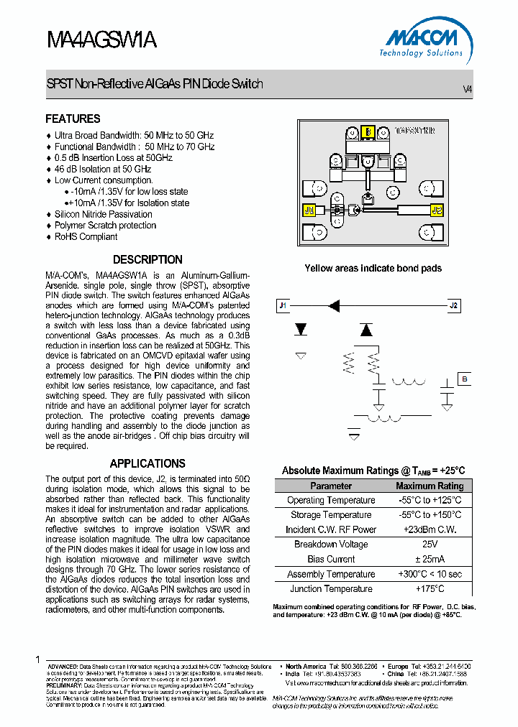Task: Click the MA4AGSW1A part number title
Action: click(x=101, y=40)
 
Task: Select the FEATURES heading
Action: click(x=73, y=119)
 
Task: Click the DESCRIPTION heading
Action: click(x=147, y=259)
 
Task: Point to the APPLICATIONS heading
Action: click(x=147, y=463)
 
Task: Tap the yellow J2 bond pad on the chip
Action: click(x=436, y=210)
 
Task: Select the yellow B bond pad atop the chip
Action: click(x=367, y=131)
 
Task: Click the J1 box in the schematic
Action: click(x=283, y=305)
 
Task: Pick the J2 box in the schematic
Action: click(x=453, y=305)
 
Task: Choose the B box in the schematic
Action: click(x=464, y=379)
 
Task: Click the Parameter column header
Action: click(x=331, y=486)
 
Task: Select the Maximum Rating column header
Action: click(x=430, y=486)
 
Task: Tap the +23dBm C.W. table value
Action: click(x=430, y=529)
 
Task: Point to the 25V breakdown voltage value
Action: click(x=430, y=544)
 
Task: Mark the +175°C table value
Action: click(x=430, y=588)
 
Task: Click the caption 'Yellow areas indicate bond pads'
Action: click(x=373, y=268)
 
